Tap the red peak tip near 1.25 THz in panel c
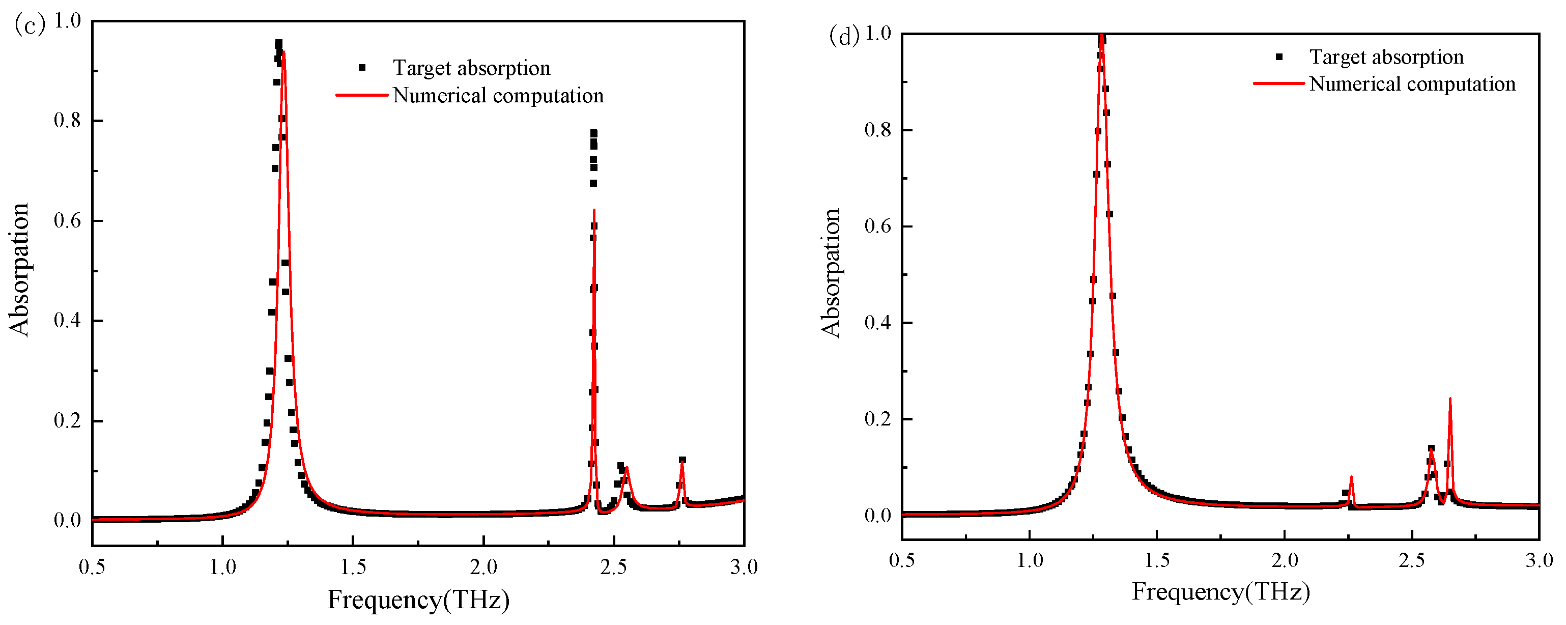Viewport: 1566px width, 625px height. (284, 53)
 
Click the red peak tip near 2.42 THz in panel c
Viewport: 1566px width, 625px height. (594, 210)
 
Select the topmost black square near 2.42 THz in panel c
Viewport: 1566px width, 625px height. (594, 132)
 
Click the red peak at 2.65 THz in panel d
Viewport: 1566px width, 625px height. (1450, 400)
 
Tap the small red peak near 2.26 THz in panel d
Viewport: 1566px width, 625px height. (1351, 478)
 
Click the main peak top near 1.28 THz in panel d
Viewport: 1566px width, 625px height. (1101, 35)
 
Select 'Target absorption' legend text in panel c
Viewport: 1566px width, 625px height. (471, 68)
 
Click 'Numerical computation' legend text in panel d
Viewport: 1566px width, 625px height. (1412, 84)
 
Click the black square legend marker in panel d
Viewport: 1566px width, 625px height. (1279, 57)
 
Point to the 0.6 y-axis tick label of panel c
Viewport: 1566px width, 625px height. (67, 221)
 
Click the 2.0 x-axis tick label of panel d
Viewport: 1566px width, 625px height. (1284, 560)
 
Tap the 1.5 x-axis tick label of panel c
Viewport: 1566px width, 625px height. (353, 567)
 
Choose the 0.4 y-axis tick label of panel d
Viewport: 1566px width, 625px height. (877, 322)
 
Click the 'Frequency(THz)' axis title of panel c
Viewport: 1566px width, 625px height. (418, 600)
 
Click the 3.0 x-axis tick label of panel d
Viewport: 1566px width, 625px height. (1539, 560)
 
